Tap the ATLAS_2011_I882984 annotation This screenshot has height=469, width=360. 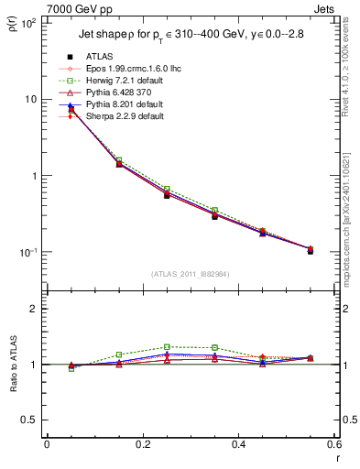[190, 273]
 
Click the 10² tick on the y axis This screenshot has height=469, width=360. [27, 23]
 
